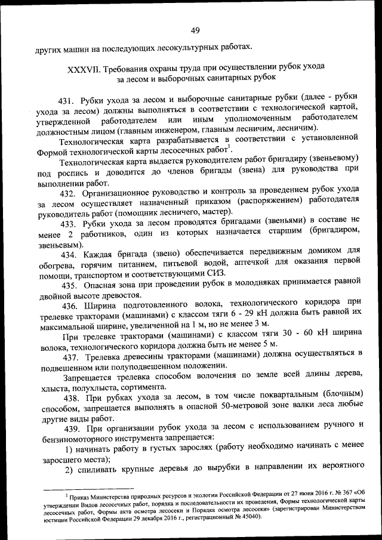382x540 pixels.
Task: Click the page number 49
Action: [x=195, y=30]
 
